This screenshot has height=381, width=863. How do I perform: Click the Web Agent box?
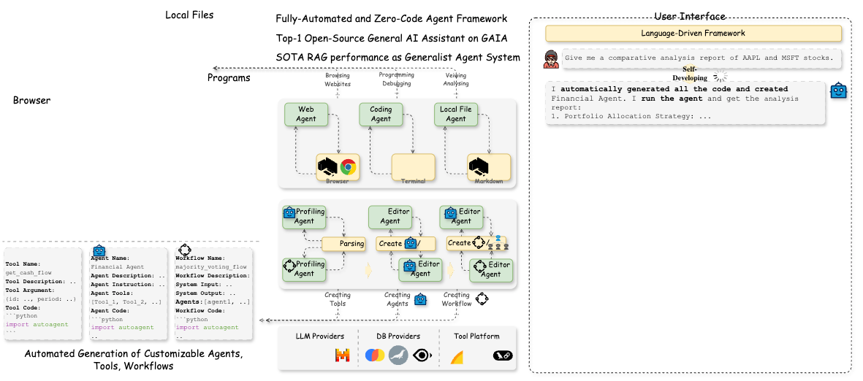[306, 115]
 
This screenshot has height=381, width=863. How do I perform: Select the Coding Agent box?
[381, 115]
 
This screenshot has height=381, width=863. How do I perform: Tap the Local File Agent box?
[456, 115]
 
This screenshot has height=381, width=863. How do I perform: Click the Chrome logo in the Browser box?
[349, 167]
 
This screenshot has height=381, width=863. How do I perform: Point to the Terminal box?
[414, 167]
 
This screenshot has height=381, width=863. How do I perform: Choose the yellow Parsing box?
[343, 244]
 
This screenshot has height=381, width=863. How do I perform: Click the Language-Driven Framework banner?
[693, 34]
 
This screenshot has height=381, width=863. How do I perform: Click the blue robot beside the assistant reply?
[838, 91]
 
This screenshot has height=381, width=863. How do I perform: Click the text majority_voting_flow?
[212, 267]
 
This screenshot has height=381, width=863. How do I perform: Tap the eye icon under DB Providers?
[422, 355]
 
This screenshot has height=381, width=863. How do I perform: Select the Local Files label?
[189, 15]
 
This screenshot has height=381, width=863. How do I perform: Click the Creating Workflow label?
[457, 299]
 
